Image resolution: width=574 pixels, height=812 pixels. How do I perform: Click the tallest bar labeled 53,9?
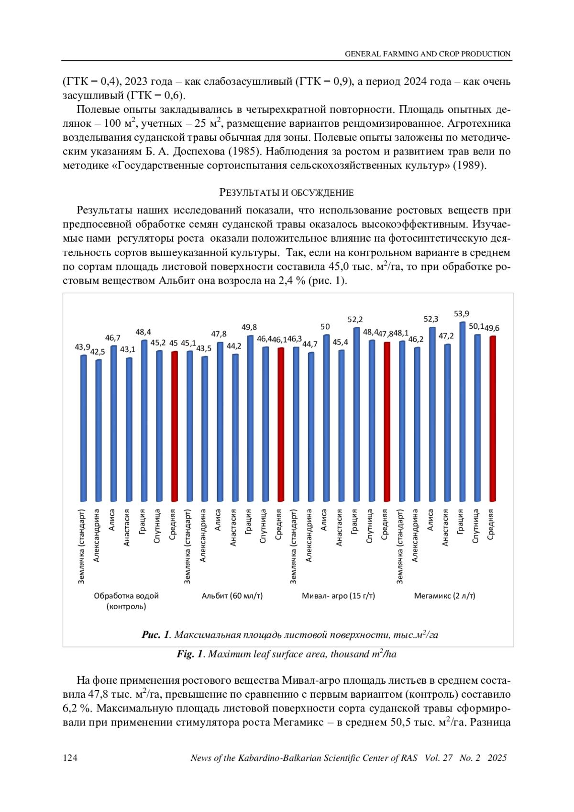click(x=462, y=412)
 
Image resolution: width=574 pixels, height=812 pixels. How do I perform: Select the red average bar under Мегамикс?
click(x=492, y=419)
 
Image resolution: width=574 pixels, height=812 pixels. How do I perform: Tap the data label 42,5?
click(x=98, y=352)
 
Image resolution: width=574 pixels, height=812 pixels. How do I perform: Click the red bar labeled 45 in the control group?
click(x=175, y=426)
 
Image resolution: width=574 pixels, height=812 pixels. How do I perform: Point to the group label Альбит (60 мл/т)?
click(x=232, y=596)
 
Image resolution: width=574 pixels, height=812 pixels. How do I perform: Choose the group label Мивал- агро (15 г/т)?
click(x=338, y=596)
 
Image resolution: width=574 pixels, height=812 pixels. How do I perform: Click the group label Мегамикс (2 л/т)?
click(x=444, y=596)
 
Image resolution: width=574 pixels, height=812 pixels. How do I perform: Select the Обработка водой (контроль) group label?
click(x=126, y=601)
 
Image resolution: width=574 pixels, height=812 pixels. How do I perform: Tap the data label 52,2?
click(x=355, y=320)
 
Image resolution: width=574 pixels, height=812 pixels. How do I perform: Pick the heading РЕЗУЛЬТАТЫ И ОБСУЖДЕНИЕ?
click(x=287, y=193)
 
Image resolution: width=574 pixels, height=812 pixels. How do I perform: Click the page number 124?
click(x=70, y=758)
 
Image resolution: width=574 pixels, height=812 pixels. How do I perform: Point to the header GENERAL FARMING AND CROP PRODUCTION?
click(x=428, y=54)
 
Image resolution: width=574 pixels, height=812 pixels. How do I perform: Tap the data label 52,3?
click(x=431, y=319)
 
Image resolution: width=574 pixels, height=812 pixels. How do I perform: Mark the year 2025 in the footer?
click(x=497, y=758)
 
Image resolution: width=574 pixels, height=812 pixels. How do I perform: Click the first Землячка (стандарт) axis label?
click(x=82, y=546)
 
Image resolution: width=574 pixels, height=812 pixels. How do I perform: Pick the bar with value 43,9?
click(x=84, y=428)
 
